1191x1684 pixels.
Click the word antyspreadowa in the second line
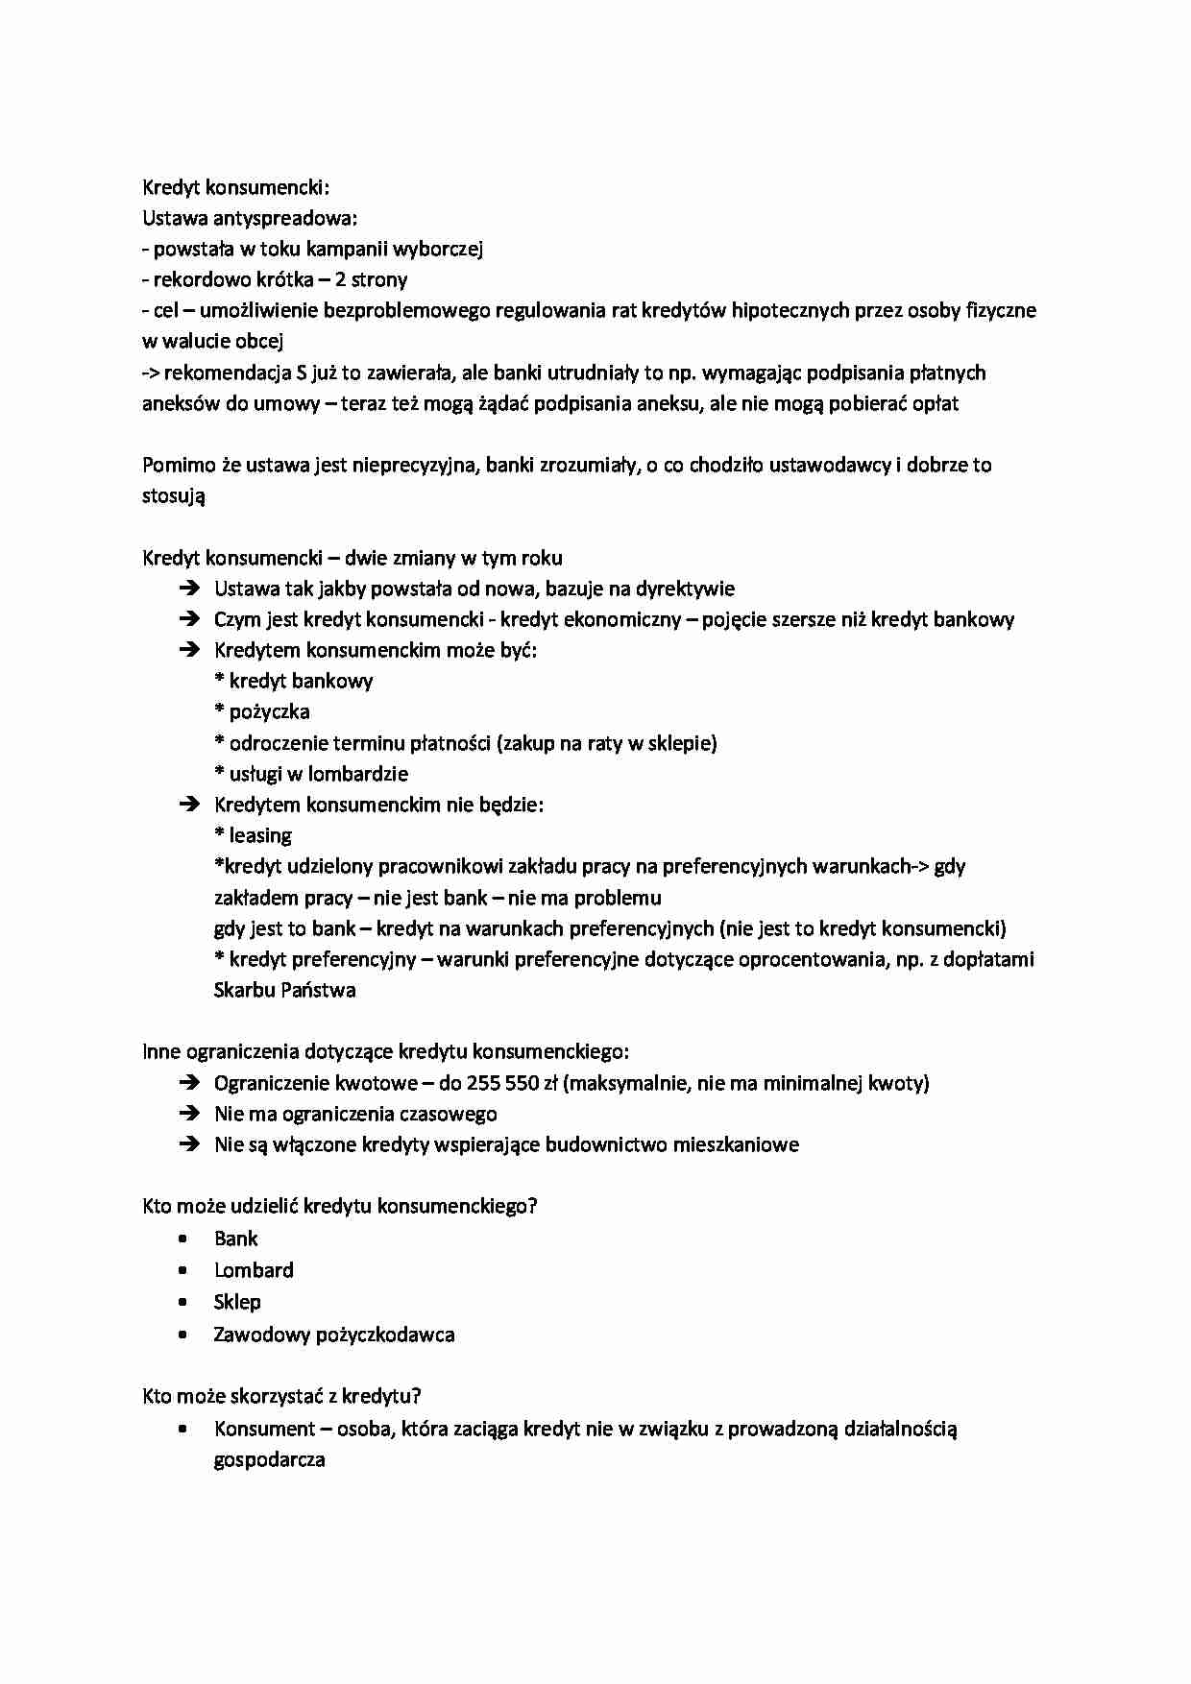pos(284,218)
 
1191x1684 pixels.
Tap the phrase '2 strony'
pos(371,279)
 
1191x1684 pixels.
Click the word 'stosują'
pos(174,496)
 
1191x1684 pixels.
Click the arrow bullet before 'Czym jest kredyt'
pos(188,619)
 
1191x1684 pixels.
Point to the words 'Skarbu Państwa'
pos(284,990)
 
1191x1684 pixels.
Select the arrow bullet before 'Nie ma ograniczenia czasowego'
pos(188,1114)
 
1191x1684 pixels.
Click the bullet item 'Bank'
pos(236,1239)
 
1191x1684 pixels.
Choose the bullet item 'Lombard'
pos(254,1270)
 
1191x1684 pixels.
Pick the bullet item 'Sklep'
pos(237,1302)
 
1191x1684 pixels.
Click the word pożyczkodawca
pos(385,1335)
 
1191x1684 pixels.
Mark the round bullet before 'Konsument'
pos(182,1429)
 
